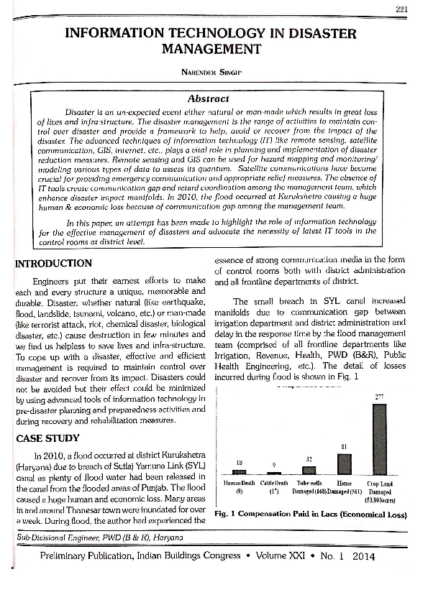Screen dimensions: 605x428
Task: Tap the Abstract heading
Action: [208, 98]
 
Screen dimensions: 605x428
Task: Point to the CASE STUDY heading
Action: [48, 438]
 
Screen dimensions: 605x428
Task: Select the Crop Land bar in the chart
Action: [378, 438]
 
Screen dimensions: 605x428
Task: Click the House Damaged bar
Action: [344, 464]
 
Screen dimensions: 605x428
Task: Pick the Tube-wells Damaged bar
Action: [309, 470]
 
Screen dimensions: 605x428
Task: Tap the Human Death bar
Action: [239, 471]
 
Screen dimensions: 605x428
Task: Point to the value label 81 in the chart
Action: [345, 448]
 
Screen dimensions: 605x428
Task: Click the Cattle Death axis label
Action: [273, 484]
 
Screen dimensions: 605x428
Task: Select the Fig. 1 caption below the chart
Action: [310, 514]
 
